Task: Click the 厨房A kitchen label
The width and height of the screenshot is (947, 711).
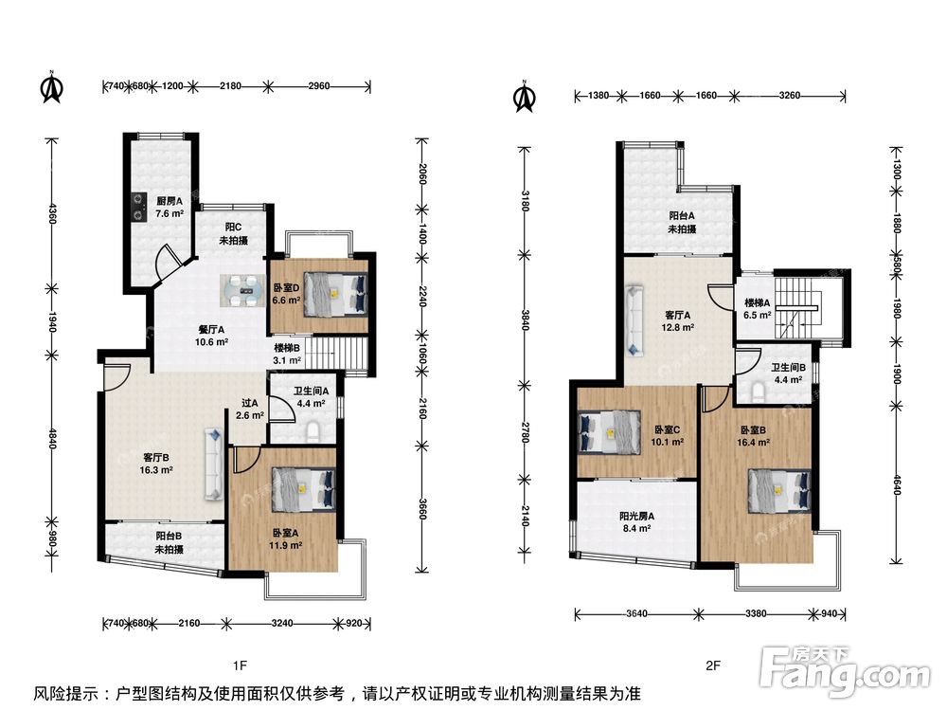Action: point(170,207)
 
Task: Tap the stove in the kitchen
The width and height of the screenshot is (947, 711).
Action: point(139,207)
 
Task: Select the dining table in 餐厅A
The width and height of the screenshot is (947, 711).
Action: point(241,289)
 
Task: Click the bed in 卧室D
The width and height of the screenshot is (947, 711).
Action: point(335,294)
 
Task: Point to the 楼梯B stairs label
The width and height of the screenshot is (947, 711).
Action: point(287,355)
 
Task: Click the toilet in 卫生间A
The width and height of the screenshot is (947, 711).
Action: point(313,431)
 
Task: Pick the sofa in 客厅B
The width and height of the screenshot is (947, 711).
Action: point(214,464)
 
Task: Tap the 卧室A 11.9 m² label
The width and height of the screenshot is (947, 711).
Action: point(286,538)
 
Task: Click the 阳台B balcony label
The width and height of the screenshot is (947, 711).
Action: point(170,542)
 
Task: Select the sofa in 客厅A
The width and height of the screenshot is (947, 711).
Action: point(634,320)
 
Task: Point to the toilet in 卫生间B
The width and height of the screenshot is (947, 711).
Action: point(759,392)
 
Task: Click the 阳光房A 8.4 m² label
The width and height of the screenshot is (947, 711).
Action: point(636,521)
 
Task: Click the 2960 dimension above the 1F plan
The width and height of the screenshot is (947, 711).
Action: point(319,86)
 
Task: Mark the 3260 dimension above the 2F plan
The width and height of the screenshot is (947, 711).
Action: point(790,95)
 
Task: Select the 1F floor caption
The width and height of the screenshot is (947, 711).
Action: point(240,665)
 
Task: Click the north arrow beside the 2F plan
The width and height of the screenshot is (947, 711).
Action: point(524,96)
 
